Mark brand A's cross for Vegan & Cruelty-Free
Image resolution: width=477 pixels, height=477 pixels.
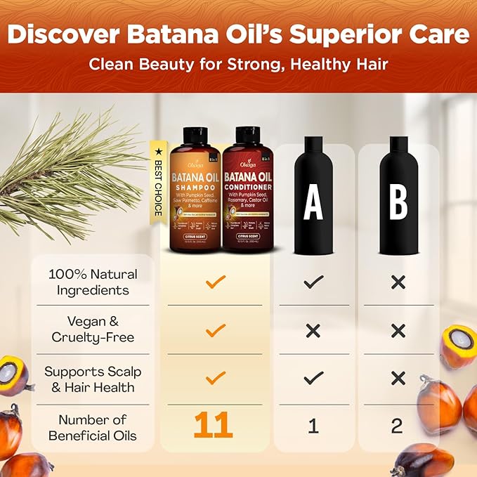(x=313, y=329)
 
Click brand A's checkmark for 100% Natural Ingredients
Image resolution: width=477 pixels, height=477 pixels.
(x=313, y=282)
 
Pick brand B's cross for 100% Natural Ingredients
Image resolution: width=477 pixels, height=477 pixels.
(x=398, y=282)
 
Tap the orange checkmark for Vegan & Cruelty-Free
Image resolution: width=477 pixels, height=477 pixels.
(x=216, y=329)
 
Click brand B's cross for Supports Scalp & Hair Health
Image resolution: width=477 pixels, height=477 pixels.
(x=398, y=379)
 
